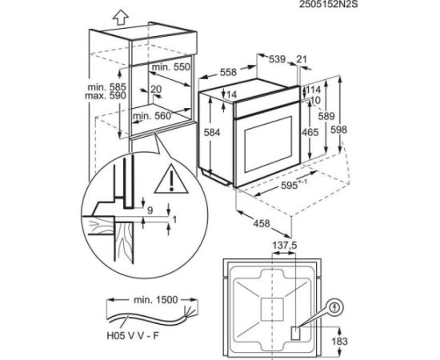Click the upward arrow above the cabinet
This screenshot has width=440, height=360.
coord(121,18)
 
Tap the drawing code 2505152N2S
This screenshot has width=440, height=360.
coord(328,4)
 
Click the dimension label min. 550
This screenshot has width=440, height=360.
coord(171,67)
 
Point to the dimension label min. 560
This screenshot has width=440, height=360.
coord(152,116)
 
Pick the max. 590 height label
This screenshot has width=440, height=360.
coord(106,96)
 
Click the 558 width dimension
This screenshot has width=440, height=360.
coord(228,72)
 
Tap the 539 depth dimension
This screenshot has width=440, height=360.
coord(278,59)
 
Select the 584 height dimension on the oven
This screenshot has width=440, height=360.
coord(212,132)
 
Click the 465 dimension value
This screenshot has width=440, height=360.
coord(310,132)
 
